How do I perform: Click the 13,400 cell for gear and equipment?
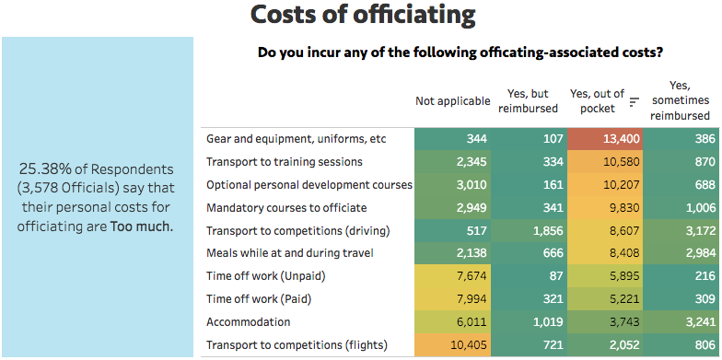[x=605, y=139]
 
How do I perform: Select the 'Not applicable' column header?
[x=453, y=101]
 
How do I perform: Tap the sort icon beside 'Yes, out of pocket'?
[x=635, y=101]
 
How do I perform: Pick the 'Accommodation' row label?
[x=249, y=322]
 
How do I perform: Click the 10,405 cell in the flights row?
[x=452, y=344]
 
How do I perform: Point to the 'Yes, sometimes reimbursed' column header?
[x=680, y=100]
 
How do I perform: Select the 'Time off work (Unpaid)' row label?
[x=266, y=276]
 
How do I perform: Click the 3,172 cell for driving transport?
[x=681, y=230]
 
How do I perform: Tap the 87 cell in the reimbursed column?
[x=529, y=276]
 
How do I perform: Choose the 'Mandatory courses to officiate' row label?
[x=286, y=208]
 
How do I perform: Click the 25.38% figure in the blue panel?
[x=45, y=169]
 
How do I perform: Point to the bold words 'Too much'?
[x=142, y=227]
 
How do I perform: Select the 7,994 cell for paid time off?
[x=452, y=299]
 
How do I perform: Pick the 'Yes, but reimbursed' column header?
[x=529, y=101]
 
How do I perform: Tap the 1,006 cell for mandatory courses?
[x=681, y=208]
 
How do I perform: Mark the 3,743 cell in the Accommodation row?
[x=605, y=322]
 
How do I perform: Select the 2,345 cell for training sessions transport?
[x=452, y=162]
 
